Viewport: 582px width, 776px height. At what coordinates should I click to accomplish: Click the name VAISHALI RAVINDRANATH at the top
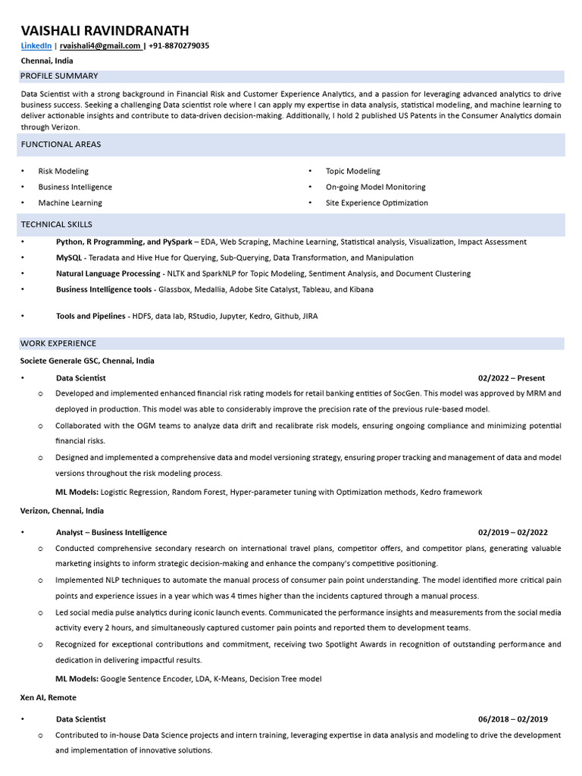point(105,30)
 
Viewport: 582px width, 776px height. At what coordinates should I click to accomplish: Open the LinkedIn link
point(36,46)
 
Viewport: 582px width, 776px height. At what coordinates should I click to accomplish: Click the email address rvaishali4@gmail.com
point(100,46)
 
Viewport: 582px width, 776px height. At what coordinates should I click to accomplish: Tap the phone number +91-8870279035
point(179,46)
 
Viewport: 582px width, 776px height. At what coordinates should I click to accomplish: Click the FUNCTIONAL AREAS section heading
point(61,144)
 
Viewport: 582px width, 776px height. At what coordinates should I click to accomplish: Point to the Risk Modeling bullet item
point(63,171)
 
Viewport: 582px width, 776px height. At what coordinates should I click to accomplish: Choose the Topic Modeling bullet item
point(352,171)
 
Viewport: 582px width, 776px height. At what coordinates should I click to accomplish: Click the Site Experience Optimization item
point(377,203)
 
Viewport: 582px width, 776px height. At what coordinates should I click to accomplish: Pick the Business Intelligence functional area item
point(75,187)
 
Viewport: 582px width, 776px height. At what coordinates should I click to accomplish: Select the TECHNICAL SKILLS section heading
point(56,224)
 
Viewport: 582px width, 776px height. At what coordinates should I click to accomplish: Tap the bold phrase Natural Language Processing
point(108,274)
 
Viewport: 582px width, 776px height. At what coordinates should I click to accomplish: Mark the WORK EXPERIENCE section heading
point(58,343)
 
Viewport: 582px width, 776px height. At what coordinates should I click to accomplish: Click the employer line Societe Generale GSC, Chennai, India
point(87,361)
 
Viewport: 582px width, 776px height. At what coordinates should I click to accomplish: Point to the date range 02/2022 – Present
point(511,378)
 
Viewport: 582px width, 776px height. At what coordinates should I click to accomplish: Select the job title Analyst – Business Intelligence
point(111,533)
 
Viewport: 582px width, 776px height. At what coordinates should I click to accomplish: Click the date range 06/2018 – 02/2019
point(512,719)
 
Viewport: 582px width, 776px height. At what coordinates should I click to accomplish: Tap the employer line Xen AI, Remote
point(48,697)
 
